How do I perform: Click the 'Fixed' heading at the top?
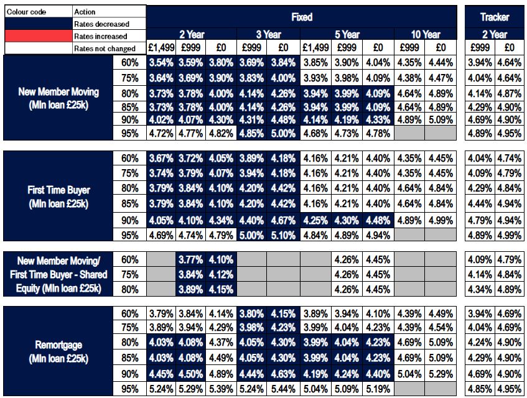tap(302, 17)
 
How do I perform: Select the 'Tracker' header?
tap(495, 17)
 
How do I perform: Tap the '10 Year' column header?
tap(426, 35)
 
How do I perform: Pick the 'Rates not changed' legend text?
tap(104, 49)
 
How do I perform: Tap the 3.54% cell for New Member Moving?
tap(162, 62)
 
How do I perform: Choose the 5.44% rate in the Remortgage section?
tap(284, 388)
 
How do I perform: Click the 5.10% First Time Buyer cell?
tap(284, 234)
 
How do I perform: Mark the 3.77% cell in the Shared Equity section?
tap(192, 259)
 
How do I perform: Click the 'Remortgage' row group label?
tap(58, 351)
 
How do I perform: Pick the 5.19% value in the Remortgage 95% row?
tap(378, 388)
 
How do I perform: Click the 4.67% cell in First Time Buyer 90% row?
tap(284, 220)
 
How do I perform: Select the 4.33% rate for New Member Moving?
tap(378, 120)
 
